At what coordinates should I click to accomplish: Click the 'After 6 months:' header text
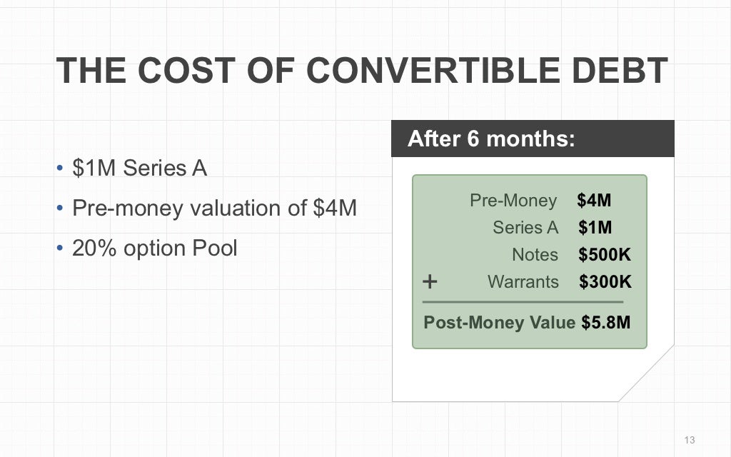(491, 139)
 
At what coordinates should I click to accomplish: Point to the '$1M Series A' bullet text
(139, 169)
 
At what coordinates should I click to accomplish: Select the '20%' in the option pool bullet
(91, 248)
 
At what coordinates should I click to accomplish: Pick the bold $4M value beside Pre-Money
(594, 201)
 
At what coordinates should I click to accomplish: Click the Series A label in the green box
(525, 228)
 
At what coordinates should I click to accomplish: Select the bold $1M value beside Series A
(595, 228)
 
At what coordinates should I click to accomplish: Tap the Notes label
(535, 255)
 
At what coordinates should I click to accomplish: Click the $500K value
(605, 255)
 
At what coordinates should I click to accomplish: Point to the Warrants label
(523, 282)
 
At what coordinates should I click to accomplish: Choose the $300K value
(605, 282)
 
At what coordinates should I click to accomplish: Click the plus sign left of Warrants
(430, 281)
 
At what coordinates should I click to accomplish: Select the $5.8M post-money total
(605, 323)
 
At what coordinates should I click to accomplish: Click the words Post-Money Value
(499, 323)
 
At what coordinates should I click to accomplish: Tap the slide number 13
(689, 440)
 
